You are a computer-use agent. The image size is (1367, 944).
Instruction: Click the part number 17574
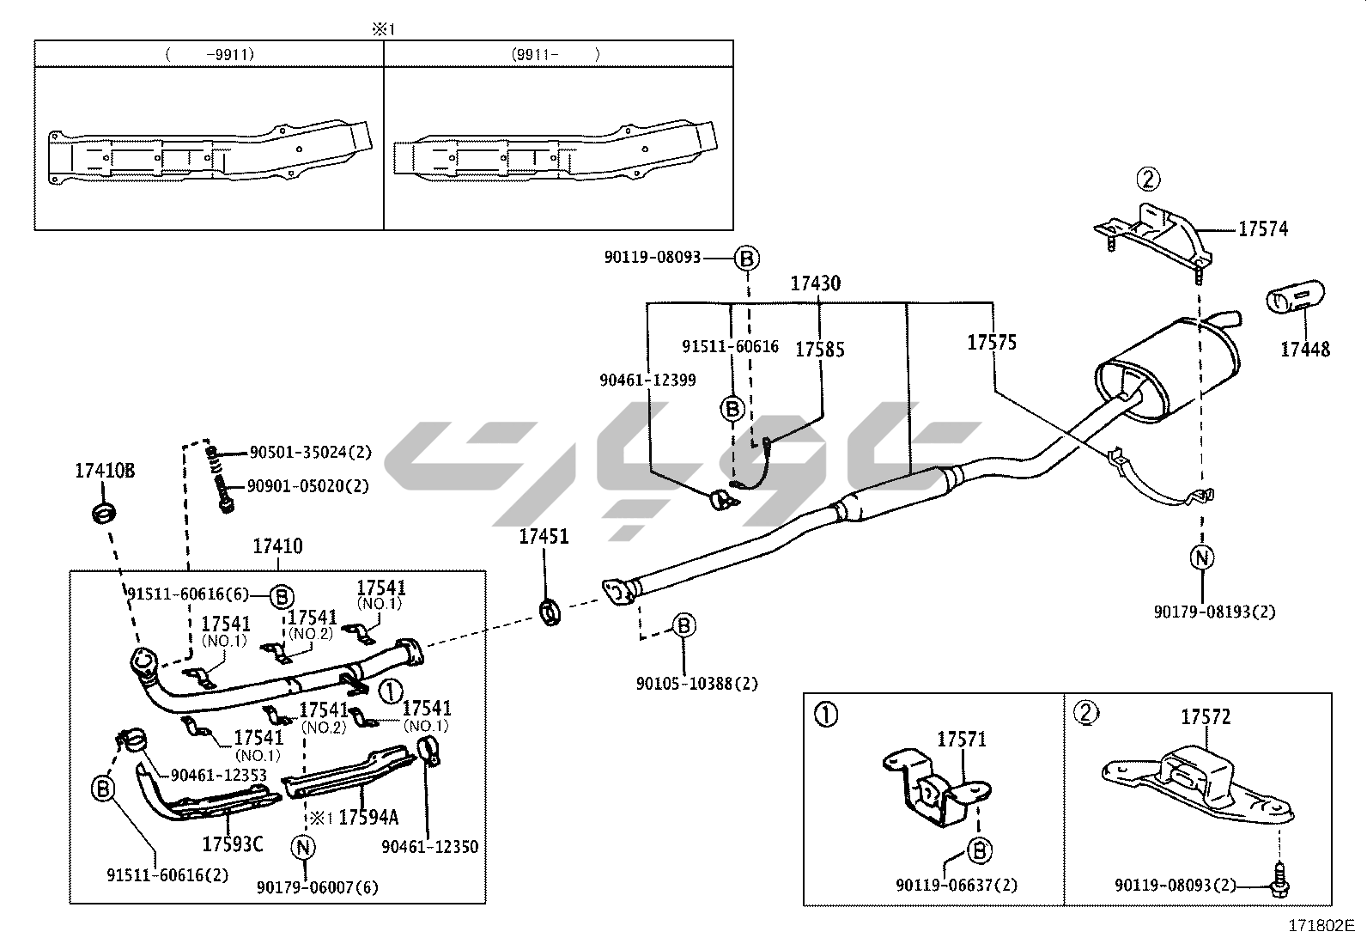click(1262, 229)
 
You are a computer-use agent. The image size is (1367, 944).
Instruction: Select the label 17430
click(815, 283)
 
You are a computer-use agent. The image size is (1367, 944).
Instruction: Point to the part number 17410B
click(105, 471)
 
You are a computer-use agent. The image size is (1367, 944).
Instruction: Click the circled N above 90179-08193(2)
click(1201, 557)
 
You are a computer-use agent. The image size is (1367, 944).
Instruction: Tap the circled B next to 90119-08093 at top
click(746, 257)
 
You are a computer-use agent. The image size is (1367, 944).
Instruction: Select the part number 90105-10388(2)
click(696, 684)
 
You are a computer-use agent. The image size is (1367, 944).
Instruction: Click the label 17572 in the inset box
click(1205, 716)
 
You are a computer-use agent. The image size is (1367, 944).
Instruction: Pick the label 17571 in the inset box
click(961, 739)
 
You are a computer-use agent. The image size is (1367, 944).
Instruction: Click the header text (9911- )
click(556, 54)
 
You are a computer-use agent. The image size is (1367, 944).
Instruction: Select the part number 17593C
click(232, 844)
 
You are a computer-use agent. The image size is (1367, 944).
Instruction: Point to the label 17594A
click(368, 817)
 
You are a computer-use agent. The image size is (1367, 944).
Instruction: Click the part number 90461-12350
click(429, 847)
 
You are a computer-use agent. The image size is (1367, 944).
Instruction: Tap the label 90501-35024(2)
click(309, 452)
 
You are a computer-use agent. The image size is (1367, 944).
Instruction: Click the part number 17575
click(992, 342)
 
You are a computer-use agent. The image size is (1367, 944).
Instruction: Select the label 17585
click(819, 349)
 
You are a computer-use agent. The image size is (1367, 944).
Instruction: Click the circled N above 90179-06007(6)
click(303, 847)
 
